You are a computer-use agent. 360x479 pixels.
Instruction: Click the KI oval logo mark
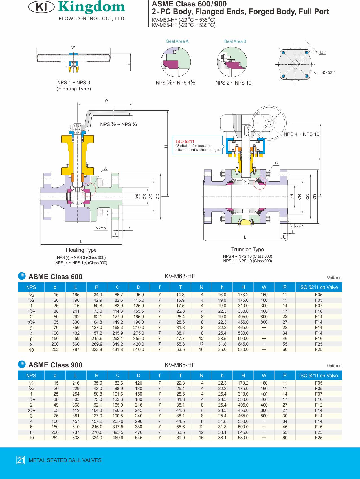pyautogui.click(x=41, y=7)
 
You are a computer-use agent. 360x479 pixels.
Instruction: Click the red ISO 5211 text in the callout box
pyautogui.click(x=185, y=142)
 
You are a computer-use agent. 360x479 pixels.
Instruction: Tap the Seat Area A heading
pyautogui.click(x=177, y=41)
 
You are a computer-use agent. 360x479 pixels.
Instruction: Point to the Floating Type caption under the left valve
pyautogui.click(x=81, y=250)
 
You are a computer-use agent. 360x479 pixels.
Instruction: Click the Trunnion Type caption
pyautogui.click(x=247, y=250)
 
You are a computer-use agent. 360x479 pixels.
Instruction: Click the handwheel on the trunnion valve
pyautogui.click(x=269, y=123)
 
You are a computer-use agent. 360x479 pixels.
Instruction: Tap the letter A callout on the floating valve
pyautogui.click(x=106, y=168)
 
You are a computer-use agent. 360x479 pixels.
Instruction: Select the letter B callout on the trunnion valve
pyautogui.click(x=276, y=163)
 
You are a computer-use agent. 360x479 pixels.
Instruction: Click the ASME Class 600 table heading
pyautogui.click(x=55, y=277)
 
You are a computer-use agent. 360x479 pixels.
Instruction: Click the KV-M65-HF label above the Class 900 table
pyautogui.click(x=180, y=365)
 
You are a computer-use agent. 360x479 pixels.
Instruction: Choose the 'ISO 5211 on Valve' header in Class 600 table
pyautogui.click(x=319, y=287)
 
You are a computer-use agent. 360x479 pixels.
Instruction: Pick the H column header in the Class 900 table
pyautogui.click(x=243, y=376)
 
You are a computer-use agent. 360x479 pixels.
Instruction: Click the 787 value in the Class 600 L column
pyautogui.click(x=76, y=350)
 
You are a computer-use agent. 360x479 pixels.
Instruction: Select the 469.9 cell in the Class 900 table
pyautogui.click(x=118, y=438)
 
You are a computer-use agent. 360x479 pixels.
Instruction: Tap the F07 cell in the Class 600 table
pyautogui.click(x=319, y=306)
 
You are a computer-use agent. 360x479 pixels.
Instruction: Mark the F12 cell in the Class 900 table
pyautogui.click(x=319, y=405)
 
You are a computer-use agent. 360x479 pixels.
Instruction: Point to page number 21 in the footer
pyautogui.click(x=21, y=460)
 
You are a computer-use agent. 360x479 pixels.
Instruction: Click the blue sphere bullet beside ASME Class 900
pyautogui.click(x=22, y=364)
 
